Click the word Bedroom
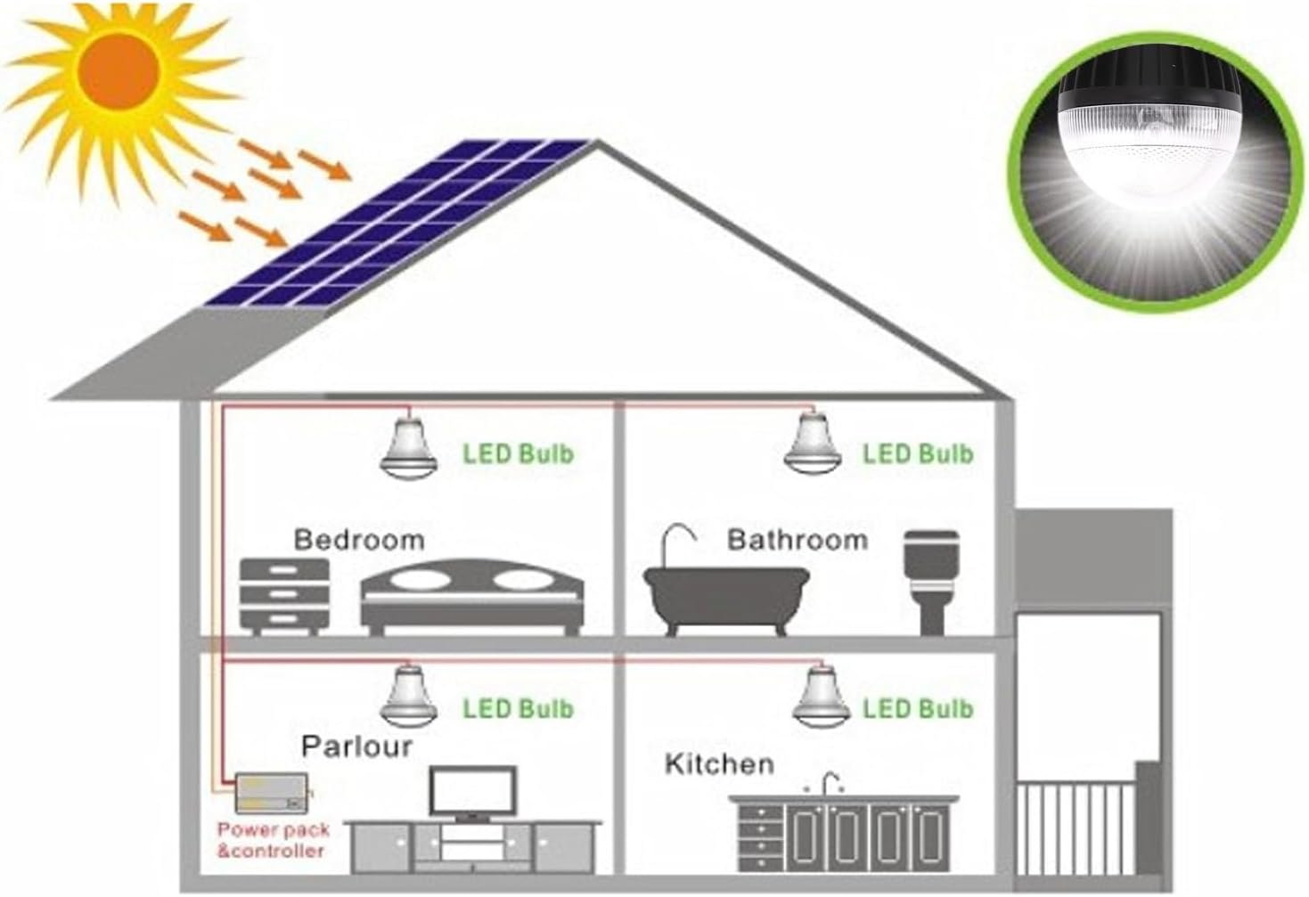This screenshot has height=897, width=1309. [358, 540]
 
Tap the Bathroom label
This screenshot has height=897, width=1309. [797, 539]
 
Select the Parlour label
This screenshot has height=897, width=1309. [356, 746]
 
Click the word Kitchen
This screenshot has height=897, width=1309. [719, 764]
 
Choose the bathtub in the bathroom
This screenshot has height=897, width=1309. [726, 591]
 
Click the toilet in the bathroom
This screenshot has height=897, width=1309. [931, 579]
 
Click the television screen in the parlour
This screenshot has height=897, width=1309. [472, 790]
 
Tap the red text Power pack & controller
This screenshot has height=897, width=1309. [273, 840]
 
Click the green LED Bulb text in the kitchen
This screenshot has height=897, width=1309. [918, 709]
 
